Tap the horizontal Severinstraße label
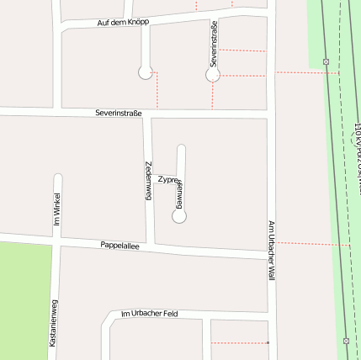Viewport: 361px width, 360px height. (119, 113)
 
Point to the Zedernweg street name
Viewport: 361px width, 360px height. (148, 179)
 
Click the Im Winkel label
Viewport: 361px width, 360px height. (57, 210)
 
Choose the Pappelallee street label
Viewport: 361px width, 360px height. (119, 246)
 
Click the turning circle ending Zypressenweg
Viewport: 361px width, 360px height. (179, 216)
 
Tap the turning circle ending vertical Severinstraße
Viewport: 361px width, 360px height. (213, 75)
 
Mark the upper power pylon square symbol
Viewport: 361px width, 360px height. (326, 61)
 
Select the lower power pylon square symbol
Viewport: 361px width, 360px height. (346, 341)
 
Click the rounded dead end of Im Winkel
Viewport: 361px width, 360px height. (58, 177)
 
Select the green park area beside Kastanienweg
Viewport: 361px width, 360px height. (24, 299)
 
